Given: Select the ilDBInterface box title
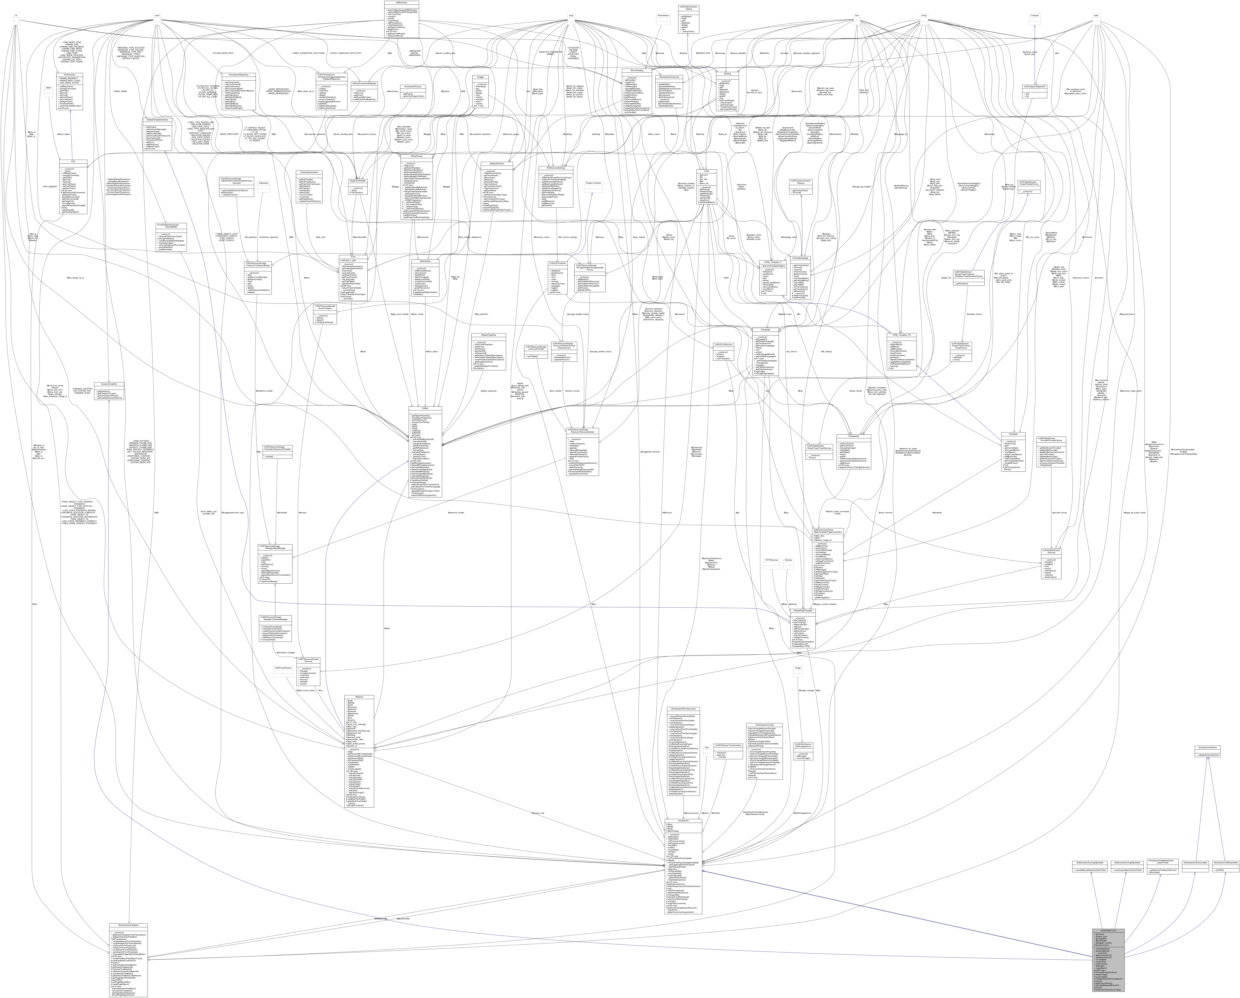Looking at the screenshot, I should (x=401, y=3).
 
